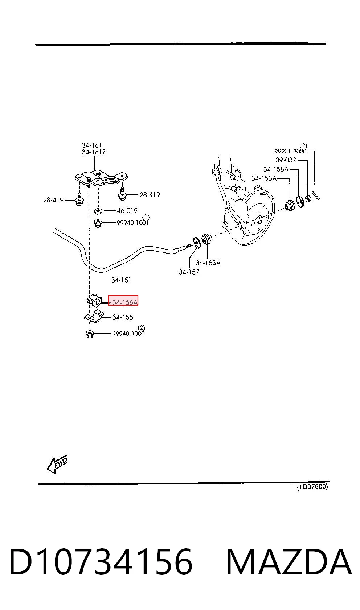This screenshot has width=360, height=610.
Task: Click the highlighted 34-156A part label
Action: coord(125,302)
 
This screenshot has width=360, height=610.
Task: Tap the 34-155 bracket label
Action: coord(123,317)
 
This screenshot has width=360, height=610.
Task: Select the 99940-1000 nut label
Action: coord(128,333)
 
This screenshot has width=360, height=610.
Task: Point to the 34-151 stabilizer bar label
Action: coord(121,280)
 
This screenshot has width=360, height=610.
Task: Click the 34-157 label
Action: coord(189,272)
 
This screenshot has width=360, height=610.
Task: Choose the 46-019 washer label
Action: coord(127,210)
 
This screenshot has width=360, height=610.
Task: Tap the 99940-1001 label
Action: coord(133,223)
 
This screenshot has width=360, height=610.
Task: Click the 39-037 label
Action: coord(286,160)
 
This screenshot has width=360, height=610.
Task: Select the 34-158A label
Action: coord(276,169)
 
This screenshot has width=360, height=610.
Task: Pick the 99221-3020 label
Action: coord(291,151)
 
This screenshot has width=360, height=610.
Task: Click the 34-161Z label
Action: coord(94,152)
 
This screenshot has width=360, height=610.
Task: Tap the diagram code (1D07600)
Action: coord(312,487)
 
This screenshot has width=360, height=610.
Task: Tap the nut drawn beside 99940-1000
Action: coord(89,334)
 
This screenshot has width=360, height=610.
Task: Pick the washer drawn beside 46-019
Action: coord(98,210)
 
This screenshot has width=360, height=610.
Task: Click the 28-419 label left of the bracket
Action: coord(53,200)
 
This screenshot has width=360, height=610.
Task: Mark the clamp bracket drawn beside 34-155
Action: coord(94,317)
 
